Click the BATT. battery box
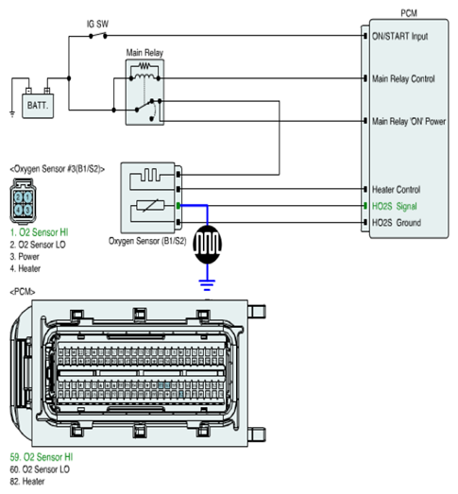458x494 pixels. (x=38, y=106)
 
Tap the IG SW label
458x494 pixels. (x=97, y=24)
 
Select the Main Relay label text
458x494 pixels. (x=144, y=53)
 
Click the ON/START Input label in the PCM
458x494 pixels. (x=399, y=36)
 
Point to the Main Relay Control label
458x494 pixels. (x=403, y=78)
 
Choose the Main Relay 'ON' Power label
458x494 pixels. (x=409, y=121)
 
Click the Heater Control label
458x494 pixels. (x=396, y=189)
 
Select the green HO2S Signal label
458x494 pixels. (x=395, y=206)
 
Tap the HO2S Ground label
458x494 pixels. (x=397, y=223)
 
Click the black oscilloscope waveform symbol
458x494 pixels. (x=207, y=244)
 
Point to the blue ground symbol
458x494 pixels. (x=207, y=284)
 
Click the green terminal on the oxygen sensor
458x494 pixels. (x=178, y=206)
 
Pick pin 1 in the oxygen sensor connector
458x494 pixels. (x=27, y=197)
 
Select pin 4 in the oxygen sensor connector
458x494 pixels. (x=18, y=209)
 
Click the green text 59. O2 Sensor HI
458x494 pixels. (x=42, y=457)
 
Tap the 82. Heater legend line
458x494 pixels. (x=27, y=482)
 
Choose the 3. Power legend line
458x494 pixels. (x=25, y=257)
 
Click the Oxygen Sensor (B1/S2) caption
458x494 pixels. (x=147, y=241)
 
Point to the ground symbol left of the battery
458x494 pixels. (x=12, y=114)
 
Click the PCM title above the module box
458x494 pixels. (x=409, y=13)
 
